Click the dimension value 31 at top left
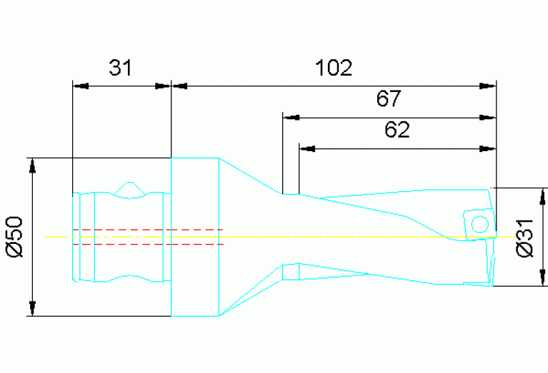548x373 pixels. pyautogui.click(x=121, y=68)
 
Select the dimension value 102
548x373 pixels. pyautogui.click(x=334, y=68)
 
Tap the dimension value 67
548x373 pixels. pyautogui.click(x=389, y=98)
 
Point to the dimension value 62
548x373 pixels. pyautogui.click(x=397, y=130)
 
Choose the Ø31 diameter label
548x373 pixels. pyautogui.click(x=525, y=238)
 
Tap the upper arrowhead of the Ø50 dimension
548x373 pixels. pyautogui.click(x=32, y=165)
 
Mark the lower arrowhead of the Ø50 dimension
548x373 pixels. pyautogui.click(x=32, y=307)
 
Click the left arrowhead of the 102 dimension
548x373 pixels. pyautogui.click(x=180, y=86)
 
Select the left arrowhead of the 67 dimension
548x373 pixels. pyautogui.click(x=291, y=117)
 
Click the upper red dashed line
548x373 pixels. pyautogui.click(x=148, y=230)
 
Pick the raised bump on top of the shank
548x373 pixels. pyautogui.click(x=129, y=188)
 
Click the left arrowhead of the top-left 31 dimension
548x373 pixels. pyautogui.click(x=81, y=86)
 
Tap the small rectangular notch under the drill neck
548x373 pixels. pyautogui.click(x=290, y=271)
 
